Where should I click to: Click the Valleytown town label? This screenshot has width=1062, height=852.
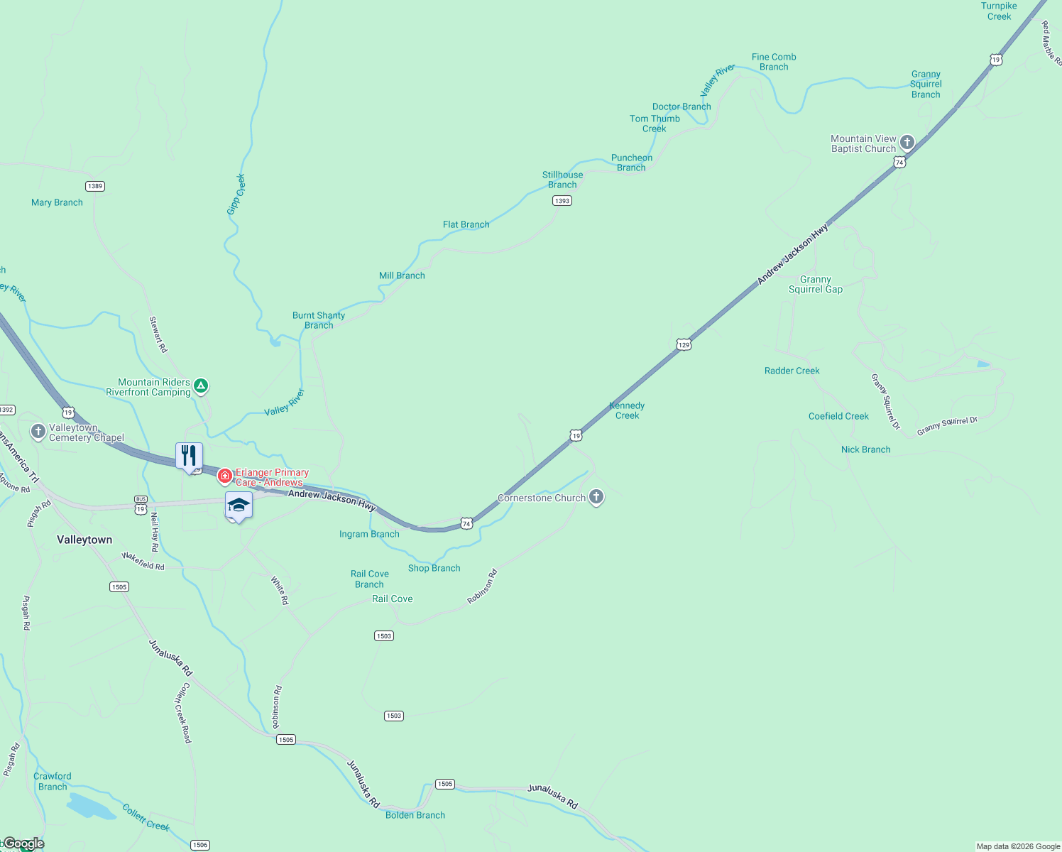coord(84,540)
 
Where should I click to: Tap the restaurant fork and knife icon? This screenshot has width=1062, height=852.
coord(189,455)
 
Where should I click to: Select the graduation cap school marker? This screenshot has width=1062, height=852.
coord(239,505)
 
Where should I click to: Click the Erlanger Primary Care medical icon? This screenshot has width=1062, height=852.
coord(225,476)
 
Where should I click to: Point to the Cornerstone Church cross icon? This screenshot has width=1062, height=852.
coord(596,497)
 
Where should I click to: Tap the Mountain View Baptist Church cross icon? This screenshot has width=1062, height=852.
coord(907,143)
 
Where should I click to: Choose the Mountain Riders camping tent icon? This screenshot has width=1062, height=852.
coord(201,386)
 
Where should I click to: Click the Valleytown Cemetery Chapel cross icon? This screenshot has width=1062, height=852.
coord(38,432)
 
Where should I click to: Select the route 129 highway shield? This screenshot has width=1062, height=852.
coord(684,344)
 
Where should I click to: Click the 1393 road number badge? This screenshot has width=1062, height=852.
coord(562,201)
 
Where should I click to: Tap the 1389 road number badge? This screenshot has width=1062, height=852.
coord(94,186)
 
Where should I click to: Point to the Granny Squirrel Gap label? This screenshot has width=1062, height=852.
coord(816,284)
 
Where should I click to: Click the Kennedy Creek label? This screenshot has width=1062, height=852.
coord(627,410)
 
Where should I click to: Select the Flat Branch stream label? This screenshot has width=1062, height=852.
coord(466,224)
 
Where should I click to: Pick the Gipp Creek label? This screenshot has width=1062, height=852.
coord(236,194)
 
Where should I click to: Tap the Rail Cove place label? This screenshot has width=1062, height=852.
coord(392,599)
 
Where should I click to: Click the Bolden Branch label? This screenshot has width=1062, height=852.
coord(415,815)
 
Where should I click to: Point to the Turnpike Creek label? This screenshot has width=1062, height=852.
coord(999,11)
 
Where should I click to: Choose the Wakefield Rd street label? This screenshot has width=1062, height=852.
coord(143,561)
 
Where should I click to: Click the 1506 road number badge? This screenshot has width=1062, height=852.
coord(200,845)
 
